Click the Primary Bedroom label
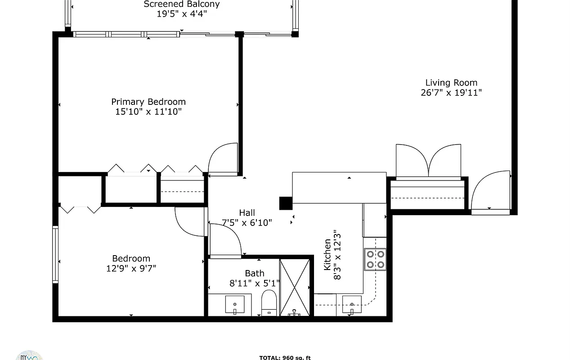coord(148,102)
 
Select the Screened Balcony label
coord(181,4)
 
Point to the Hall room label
coord(247,213)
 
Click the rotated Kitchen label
coord(328,255)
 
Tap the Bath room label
coord(255,273)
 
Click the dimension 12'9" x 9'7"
coord(131,269)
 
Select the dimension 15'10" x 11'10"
coord(148,112)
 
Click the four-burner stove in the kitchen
coord(375,259)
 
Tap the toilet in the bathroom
coord(269,302)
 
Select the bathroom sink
coord(234,305)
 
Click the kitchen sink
coord(351,305)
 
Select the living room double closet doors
coord(428,161)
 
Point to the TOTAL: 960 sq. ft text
coord(285,358)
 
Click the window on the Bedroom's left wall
coord(55,254)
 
